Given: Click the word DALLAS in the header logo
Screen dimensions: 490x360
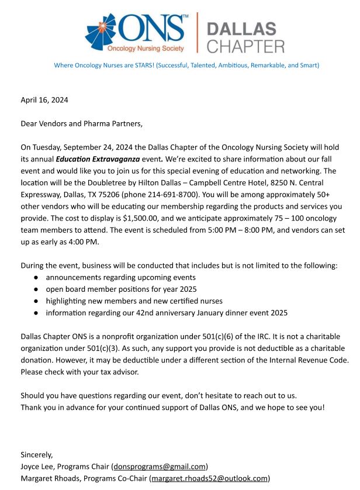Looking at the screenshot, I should pyautogui.click(x=241, y=29).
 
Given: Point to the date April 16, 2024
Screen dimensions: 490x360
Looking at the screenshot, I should pyautogui.click(x=44, y=100).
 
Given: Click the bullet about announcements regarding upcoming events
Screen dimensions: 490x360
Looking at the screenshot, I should pyautogui.click(x=120, y=277).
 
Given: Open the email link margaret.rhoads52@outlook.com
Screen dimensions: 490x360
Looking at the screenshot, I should pyautogui.click(x=209, y=478).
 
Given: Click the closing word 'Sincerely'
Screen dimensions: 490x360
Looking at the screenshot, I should pyautogui.click(x=36, y=454).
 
